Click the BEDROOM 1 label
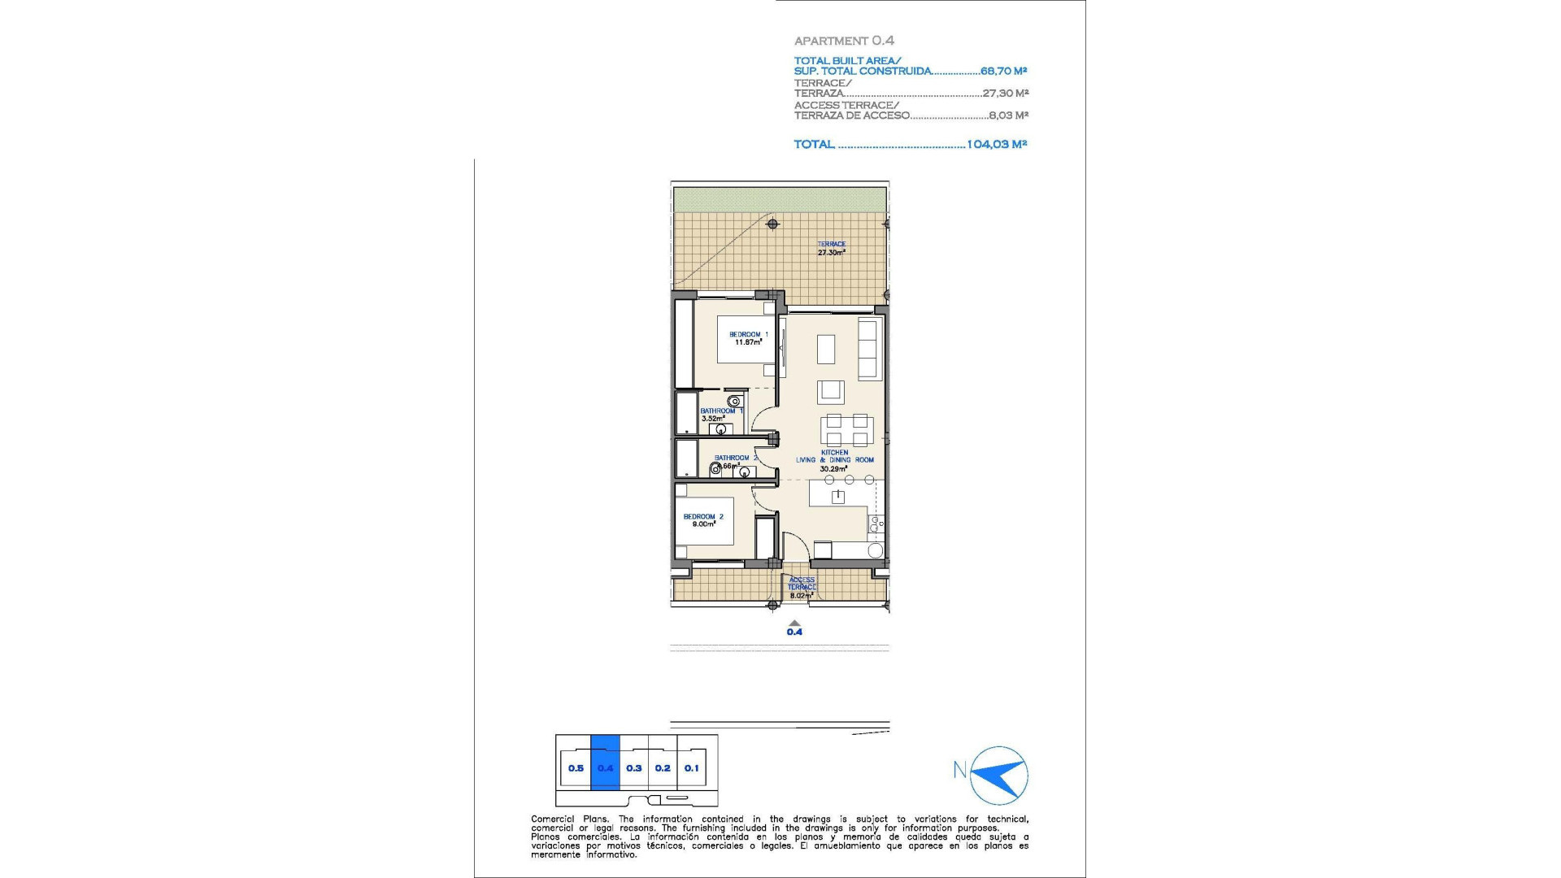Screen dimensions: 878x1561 coord(748,334)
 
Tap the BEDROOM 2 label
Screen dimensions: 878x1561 coord(702,516)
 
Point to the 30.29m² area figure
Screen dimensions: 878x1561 coord(833,469)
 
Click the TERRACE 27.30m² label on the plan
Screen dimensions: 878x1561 coord(831,248)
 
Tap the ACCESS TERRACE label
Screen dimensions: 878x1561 coord(801,584)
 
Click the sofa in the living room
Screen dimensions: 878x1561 coord(870,348)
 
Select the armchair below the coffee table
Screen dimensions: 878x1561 coord(830,391)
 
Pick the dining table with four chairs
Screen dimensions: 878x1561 coord(846,429)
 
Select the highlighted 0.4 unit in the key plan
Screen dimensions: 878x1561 coord(605,767)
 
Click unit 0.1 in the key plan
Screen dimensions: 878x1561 coord(691,767)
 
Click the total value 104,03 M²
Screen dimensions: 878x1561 coord(997,144)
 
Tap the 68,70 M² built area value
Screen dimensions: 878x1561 coord(1003,71)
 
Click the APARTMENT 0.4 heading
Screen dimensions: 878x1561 coord(844,41)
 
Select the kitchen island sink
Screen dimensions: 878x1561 coord(837,496)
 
